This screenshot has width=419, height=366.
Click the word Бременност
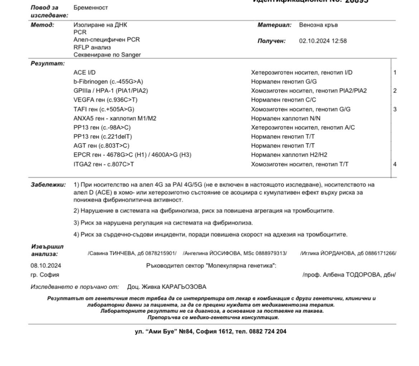click(x=91, y=8)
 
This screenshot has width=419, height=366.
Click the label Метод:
click(x=42, y=25)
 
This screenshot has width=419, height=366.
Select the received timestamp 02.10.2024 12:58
click(x=323, y=41)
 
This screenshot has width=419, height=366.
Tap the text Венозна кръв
click(x=318, y=25)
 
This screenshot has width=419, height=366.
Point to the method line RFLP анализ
click(x=92, y=47)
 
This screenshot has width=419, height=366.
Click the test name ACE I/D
click(x=85, y=72)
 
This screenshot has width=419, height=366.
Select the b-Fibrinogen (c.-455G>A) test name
click(x=108, y=82)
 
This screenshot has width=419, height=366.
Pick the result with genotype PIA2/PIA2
click(x=309, y=91)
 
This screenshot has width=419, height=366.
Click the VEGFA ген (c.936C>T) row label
click(x=105, y=100)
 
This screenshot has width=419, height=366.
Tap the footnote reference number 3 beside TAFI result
click(x=395, y=109)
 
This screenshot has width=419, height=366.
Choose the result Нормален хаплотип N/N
click(x=286, y=118)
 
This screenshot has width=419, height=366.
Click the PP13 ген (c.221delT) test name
click(x=102, y=137)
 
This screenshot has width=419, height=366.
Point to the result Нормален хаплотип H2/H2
click(x=289, y=155)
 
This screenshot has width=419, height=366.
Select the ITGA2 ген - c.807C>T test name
click(x=104, y=164)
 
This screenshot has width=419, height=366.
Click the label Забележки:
click(x=48, y=185)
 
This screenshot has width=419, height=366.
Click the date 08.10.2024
click(x=45, y=266)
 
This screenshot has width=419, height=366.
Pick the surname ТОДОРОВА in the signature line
click(x=365, y=275)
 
